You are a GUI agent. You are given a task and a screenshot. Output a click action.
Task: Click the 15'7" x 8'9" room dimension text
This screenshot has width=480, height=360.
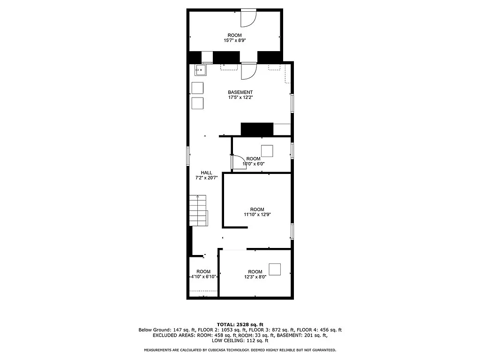pyautogui.click(x=235, y=41)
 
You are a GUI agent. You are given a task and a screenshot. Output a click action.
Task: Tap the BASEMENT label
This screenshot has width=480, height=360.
pyautogui.click(x=240, y=92)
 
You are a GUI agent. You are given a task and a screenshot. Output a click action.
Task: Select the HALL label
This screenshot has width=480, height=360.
pyautogui.click(x=206, y=172)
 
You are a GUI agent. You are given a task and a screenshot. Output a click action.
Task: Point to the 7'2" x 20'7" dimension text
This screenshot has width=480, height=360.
pyautogui.click(x=206, y=178)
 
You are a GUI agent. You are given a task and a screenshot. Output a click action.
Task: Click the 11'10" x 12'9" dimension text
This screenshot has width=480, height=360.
pyautogui.click(x=257, y=215)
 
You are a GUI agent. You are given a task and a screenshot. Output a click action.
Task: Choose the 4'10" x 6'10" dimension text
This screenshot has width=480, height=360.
pyautogui.click(x=203, y=277)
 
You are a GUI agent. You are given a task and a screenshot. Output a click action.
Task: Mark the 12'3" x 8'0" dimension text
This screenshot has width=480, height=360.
pyautogui.click(x=255, y=277)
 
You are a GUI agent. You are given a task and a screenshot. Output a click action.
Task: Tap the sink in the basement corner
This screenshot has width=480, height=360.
pyautogui.click(x=200, y=71)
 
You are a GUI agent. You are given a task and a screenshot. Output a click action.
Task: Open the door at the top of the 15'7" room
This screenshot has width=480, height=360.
pyautogui.click(x=248, y=18)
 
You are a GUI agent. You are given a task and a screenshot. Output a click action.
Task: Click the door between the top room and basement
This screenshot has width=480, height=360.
pyautogui.click(x=248, y=70)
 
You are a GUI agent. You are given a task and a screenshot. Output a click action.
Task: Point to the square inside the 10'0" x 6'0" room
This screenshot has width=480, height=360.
pyautogui.click(x=267, y=151)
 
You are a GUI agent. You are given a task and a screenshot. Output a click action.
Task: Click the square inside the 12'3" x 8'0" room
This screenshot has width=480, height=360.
pyautogui.click(x=275, y=270)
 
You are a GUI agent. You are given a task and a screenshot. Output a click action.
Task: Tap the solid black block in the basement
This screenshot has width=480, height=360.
pyautogui.click(x=256, y=129)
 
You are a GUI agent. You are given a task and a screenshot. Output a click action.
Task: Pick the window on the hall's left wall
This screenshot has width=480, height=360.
pyautogui.click(x=188, y=156)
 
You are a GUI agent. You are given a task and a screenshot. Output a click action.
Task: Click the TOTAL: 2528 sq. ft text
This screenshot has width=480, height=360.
pyautogui.click(x=240, y=324)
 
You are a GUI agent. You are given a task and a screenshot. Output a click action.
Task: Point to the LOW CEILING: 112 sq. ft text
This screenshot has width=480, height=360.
pyautogui.click(x=240, y=341)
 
